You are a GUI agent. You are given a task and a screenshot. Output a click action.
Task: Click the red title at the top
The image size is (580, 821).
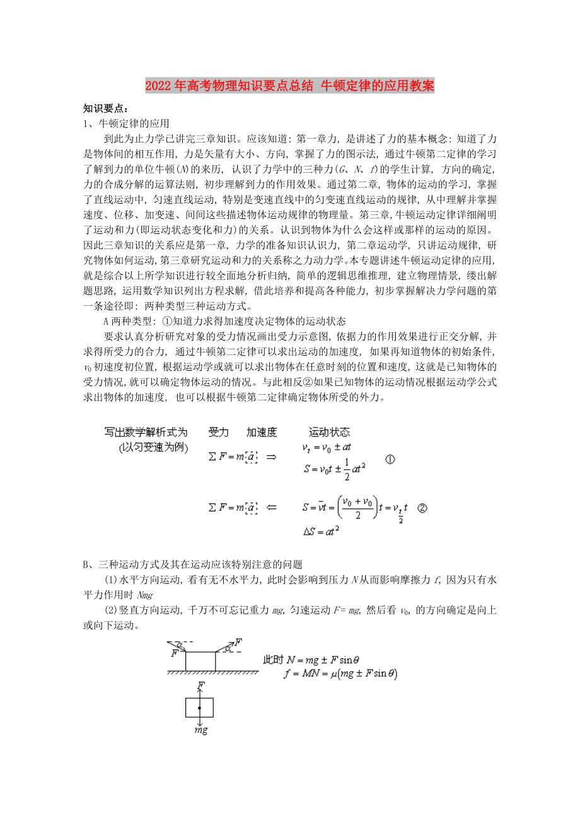(x=289, y=86)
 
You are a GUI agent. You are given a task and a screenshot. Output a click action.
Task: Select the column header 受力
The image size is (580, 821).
(x=218, y=432)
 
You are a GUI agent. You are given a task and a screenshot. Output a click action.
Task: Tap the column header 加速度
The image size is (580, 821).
(x=262, y=432)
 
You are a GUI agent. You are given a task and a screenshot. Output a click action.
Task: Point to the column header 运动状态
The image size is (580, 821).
(x=329, y=432)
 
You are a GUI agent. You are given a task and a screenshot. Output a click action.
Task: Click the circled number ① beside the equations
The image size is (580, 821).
(x=390, y=460)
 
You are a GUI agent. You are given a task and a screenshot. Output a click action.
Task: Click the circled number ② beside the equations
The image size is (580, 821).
(x=422, y=507)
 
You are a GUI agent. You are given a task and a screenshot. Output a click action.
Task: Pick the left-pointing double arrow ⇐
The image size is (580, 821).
(x=272, y=506)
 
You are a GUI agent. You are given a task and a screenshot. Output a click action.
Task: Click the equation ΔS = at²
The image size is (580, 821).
(x=322, y=531)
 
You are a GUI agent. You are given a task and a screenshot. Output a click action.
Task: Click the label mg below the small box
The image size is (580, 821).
(x=200, y=731)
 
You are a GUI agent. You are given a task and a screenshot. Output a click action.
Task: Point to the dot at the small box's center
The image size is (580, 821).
(x=200, y=708)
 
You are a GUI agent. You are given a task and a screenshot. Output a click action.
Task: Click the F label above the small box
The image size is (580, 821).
(x=200, y=684)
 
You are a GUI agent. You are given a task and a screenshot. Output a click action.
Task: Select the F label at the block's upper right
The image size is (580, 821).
(x=238, y=643)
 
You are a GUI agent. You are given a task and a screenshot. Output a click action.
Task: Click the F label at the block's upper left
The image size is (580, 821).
(x=173, y=653)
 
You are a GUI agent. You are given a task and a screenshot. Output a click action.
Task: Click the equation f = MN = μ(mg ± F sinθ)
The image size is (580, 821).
(x=340, y=673)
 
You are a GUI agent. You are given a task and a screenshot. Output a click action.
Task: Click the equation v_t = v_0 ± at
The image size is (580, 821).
(x=327, y=447)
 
